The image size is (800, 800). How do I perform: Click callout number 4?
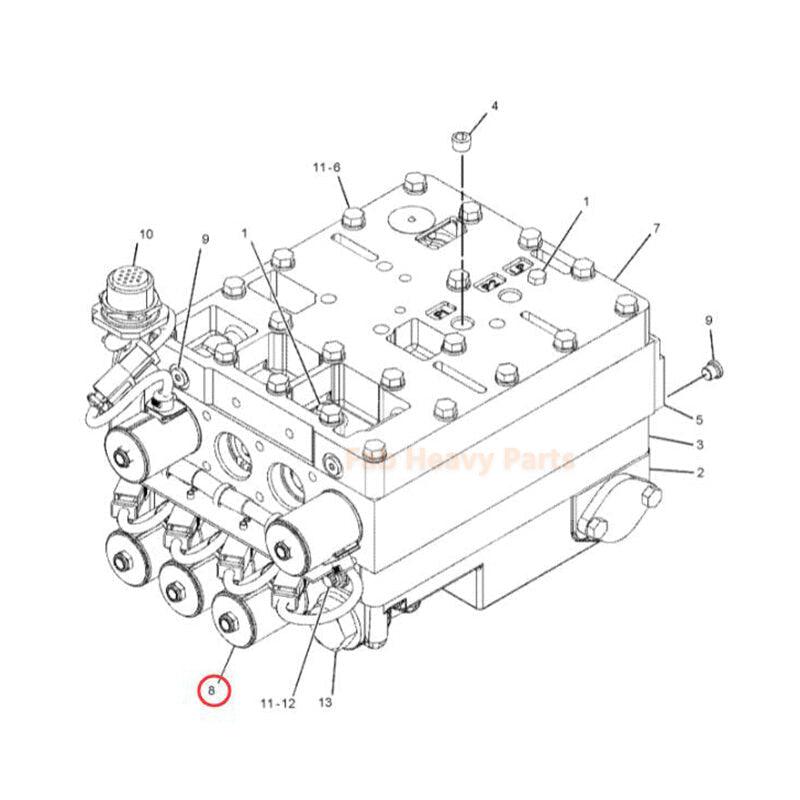[493, 106]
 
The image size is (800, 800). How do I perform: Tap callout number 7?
[656, 229]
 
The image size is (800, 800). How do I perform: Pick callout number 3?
[700, 444]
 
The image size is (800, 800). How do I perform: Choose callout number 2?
[700, 471]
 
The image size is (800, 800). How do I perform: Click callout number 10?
[146, 234]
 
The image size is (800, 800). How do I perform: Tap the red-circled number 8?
[213, 689]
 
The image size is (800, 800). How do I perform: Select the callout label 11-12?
[279, 703]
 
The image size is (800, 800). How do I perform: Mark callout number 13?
[324, 703]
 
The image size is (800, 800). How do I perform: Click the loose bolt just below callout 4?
[462, 141]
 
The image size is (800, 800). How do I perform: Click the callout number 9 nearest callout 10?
[205, 239]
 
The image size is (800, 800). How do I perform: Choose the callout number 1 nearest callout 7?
[586, 202]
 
